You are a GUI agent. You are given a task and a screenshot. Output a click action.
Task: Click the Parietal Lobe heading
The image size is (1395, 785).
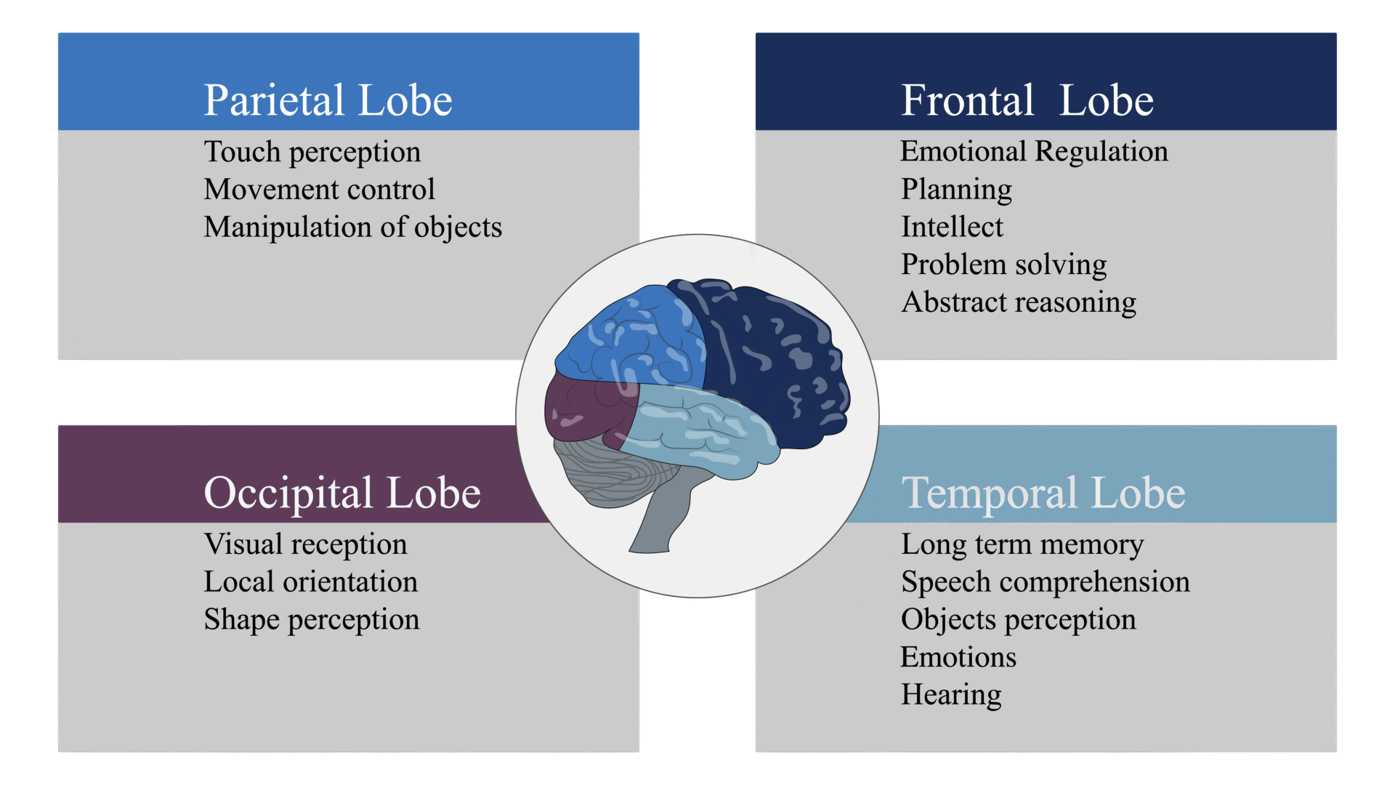coord(328,100)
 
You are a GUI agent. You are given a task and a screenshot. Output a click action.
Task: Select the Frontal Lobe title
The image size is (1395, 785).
coord(1027,100)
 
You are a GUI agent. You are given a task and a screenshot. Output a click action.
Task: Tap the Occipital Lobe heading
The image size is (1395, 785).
coord(341,493)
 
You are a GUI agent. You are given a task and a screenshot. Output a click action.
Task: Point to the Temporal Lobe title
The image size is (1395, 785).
coord(1043,493)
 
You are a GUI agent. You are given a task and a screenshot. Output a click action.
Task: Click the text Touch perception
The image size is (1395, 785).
coord(312,152)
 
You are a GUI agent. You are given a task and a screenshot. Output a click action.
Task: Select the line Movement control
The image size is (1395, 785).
coord(319,190)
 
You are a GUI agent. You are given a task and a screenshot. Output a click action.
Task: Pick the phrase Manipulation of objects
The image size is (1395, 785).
coord(352,228)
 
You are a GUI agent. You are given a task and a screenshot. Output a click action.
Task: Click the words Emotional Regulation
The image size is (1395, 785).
coord(1033,152)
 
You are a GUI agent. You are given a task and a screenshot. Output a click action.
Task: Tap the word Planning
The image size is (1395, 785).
coord(956,190)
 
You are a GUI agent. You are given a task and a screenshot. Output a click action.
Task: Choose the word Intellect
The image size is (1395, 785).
coord(952,228)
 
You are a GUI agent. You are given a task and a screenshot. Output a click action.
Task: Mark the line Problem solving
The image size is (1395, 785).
coord(1003,265)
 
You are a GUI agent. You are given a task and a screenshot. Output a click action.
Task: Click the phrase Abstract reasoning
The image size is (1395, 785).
coord(1018,303)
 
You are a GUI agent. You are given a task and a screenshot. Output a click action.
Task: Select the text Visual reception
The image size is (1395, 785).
coord(305,544)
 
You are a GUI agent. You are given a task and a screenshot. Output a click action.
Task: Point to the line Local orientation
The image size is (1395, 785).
coord(310,582)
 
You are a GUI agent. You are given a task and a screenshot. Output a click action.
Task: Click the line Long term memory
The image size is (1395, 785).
coord(1022,544)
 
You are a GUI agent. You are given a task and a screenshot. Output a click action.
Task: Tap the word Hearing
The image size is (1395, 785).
coord(950,695)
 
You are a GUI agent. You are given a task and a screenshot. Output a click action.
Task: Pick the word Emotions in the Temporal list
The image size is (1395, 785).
coord(958,657)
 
